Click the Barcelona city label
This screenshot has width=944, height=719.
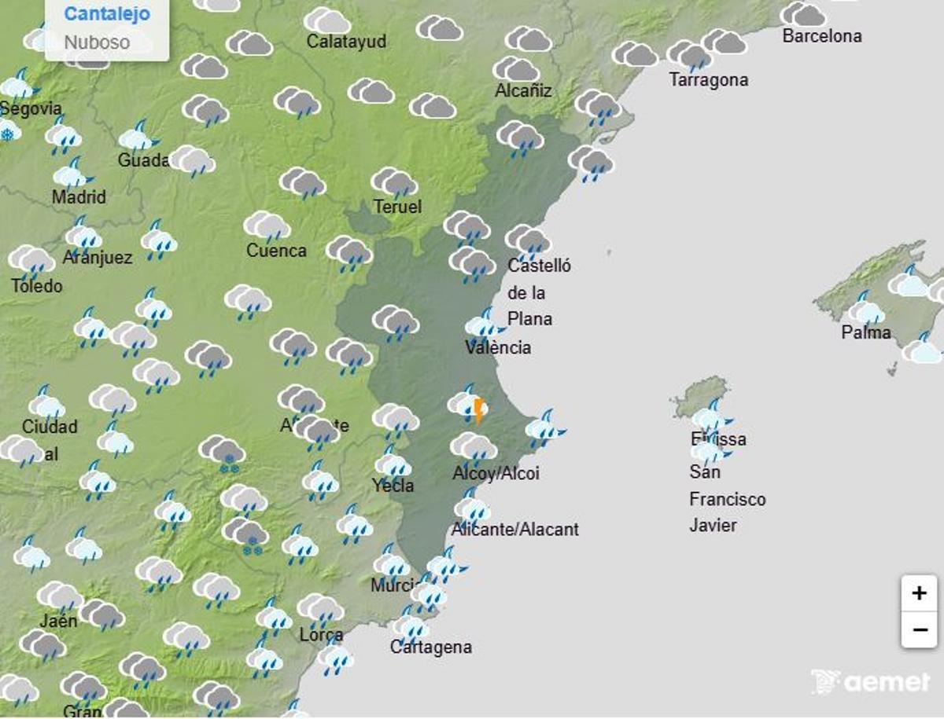[821, 36]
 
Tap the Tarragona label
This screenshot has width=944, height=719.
[708, 80]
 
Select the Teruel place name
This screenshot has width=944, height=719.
[397, 207]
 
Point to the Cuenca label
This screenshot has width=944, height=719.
[276, 251]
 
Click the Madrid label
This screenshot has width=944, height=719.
[79, 196]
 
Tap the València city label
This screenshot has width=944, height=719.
[498, 347]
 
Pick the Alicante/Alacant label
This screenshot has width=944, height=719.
[515, 530]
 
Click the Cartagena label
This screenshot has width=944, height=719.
[431, 647]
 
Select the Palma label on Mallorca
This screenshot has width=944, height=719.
[866, 332]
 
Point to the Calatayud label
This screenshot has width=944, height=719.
[346, 42]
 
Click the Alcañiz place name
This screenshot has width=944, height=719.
[523, 90]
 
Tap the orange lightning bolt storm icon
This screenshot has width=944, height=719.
[478, 409]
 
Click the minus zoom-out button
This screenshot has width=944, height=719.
[919, 629]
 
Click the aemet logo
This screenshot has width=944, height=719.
[870, 681]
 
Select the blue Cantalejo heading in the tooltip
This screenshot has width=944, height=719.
[107, 14]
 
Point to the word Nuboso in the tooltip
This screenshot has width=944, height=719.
[97, 42]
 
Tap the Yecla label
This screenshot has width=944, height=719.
[393, 486]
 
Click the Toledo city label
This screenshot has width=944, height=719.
[36, 286]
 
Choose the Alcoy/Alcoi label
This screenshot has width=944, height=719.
[496, 474]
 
